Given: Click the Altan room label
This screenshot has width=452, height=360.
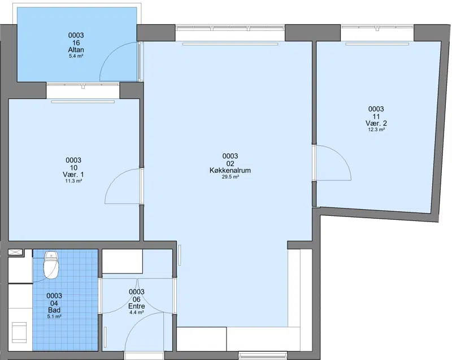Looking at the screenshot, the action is [76, 50].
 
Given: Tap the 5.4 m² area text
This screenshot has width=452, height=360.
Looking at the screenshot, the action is [76, 56].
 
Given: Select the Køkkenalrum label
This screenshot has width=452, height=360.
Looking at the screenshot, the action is [230, 170].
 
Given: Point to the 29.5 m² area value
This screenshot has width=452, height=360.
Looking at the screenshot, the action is [230, 177].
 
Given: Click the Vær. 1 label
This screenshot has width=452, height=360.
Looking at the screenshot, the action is [73, 175].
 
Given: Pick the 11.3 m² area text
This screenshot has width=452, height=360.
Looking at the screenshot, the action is [73, 181].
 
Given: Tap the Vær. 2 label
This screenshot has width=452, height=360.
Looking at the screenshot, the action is [376, 123].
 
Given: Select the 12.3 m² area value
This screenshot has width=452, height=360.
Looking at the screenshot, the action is [376, 130].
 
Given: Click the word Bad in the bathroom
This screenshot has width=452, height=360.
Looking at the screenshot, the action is [54, 310].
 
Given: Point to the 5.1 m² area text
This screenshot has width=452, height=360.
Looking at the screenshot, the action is [54, 316].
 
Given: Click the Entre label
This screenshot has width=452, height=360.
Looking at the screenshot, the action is [137, 306].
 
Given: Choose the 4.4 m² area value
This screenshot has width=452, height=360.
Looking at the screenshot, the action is [137, 313].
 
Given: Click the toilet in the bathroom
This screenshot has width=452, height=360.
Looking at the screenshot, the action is [51, 265].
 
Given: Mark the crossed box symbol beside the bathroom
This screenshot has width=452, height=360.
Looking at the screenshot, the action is [15, 252].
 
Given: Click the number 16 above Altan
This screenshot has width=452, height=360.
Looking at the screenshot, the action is [76, 43].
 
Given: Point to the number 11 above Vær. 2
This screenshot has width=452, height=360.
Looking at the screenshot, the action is [376, 116].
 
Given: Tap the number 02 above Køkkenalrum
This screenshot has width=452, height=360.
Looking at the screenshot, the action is [230, 164].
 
